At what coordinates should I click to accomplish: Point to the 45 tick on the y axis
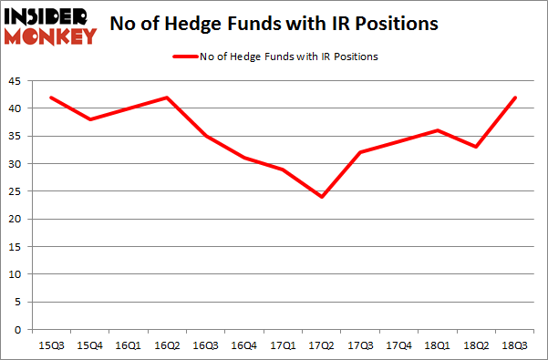click(x=18, y=81)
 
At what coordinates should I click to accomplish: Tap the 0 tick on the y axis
click(x=21, y=330)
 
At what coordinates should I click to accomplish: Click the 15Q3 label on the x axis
click(x=51, y=345)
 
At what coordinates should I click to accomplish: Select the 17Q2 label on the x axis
click(x=321, y=345)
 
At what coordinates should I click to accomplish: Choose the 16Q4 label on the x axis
click(x=244, y=345)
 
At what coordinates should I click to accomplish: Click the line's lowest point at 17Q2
click(x=322, y=197)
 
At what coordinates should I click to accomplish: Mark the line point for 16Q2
click(x=167, y=98)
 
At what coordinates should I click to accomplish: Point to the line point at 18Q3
click(x=515, y=98)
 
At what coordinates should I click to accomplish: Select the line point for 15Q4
click(x=89, y=119)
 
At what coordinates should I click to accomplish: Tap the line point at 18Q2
click(x=477, y=147)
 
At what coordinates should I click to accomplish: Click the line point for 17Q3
click(x=360, y=152)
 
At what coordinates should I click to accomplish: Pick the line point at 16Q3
click(x=206, y=136)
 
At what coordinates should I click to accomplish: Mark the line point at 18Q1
click(x=438, y=130)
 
